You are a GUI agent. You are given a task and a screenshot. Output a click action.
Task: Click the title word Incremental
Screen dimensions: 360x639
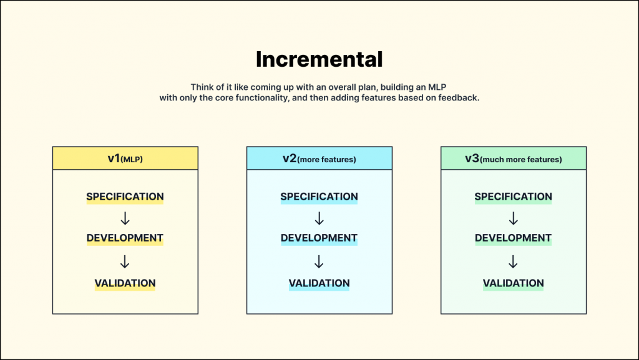[319, 59]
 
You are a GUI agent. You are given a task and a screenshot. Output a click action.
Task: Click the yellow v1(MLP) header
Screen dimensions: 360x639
[125, 158]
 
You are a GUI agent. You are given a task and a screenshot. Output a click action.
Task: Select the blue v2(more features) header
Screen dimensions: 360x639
[319, 158]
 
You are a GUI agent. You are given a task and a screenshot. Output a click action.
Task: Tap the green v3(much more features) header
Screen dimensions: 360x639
[514, 158]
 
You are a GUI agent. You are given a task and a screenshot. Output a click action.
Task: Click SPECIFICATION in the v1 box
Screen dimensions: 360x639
[125, 197]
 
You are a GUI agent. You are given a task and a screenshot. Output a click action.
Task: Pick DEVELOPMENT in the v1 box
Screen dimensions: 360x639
[125, 238]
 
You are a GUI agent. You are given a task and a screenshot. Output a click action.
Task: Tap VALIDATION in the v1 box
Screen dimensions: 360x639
[125, 283]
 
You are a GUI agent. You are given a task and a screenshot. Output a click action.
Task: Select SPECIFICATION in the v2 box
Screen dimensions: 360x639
[319, 197]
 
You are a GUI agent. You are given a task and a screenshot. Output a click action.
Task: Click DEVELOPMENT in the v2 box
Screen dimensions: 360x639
[319, 238]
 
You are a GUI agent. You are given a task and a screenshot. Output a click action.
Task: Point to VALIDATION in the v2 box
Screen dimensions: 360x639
[319, 283]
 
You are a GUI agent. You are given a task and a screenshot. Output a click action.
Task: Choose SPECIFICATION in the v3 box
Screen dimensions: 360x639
[514, 197]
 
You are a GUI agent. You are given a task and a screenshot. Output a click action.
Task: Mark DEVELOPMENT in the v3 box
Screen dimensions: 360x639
[514, 238]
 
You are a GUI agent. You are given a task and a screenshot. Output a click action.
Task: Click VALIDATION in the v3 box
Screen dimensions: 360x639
[514, 283]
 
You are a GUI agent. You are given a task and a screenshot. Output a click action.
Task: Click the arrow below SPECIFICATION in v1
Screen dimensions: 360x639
[125, 218]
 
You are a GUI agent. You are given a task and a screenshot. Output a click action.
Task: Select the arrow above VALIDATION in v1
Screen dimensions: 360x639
[125, 261]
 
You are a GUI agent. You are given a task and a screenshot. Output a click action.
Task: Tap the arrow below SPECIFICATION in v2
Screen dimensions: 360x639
[319, 218]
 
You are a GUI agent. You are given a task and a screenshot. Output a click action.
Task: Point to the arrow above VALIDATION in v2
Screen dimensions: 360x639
[319, 261]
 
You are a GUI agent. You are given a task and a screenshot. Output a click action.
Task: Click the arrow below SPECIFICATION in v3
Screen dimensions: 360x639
[514, 218]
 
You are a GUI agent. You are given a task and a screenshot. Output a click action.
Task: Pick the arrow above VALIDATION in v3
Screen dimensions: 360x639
[514, 261]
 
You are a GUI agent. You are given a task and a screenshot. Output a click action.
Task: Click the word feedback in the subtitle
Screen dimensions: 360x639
[459, 99]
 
